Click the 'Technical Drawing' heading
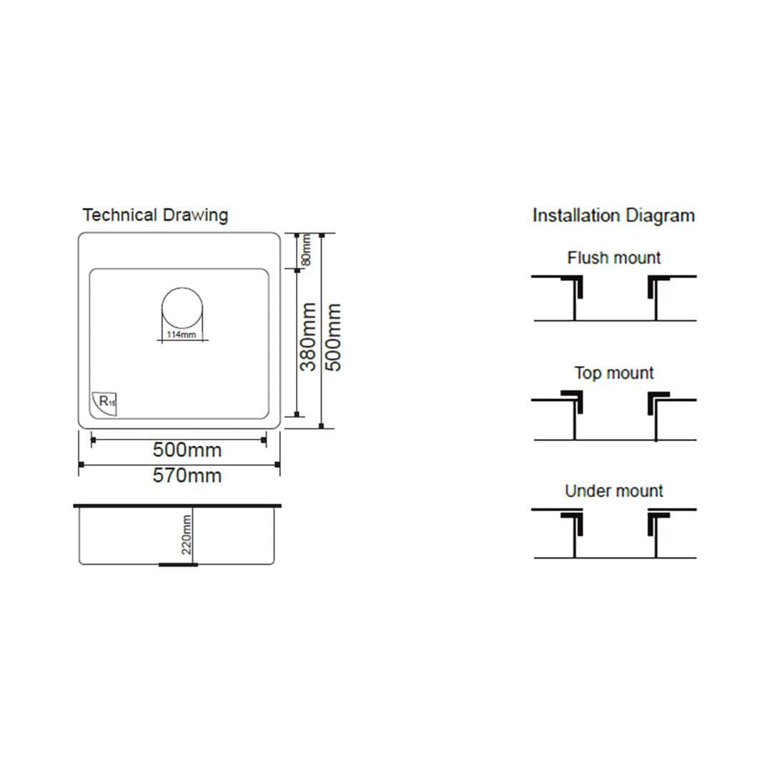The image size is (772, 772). (155, 216)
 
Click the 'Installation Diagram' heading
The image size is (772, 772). (613, 216)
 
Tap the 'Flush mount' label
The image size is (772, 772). (613, 257)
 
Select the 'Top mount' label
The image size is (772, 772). (613, 372)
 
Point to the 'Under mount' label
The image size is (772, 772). (613, 490)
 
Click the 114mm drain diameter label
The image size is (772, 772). (181, 335)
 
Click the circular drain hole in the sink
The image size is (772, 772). (182, 308)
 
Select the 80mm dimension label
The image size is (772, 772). (306, 249)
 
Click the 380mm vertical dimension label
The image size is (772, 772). (308, 337)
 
